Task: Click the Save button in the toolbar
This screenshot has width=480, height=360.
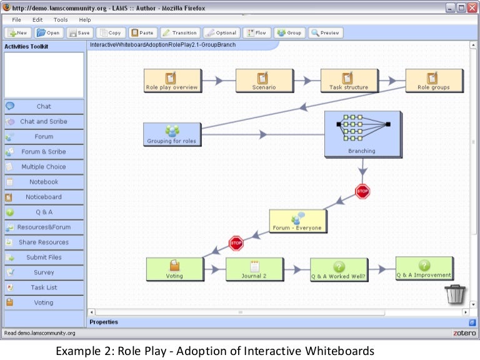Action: coord(79,32)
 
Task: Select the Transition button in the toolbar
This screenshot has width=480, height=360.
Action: coord(179,32)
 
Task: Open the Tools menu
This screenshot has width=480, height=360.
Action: coord(61,20)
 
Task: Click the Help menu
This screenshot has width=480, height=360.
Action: coord(84,20)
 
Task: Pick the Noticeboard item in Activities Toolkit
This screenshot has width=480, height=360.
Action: coord(43,197)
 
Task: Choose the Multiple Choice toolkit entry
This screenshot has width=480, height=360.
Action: coord(43,167)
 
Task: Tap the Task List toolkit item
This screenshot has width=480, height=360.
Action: coord(43,287)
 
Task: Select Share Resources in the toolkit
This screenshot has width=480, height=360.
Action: coord(43,242)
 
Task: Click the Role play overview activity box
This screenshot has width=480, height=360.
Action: coord(171,80)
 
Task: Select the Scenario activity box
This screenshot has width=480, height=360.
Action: coord(264,80)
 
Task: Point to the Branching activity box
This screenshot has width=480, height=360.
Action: coord(362,134)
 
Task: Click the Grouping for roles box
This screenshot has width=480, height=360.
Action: coord(172,134)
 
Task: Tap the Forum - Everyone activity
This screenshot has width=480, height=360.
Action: coord(297,221)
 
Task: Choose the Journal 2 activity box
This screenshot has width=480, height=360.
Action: coord(254,269)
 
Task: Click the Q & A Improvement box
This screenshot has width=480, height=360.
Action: coord(424,268)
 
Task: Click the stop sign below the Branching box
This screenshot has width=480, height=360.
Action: coord(362,191)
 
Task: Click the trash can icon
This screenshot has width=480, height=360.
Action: coord(455,293)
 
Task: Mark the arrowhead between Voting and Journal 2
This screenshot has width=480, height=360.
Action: coord(214,269)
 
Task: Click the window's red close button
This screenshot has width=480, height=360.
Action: coord(472,8)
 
